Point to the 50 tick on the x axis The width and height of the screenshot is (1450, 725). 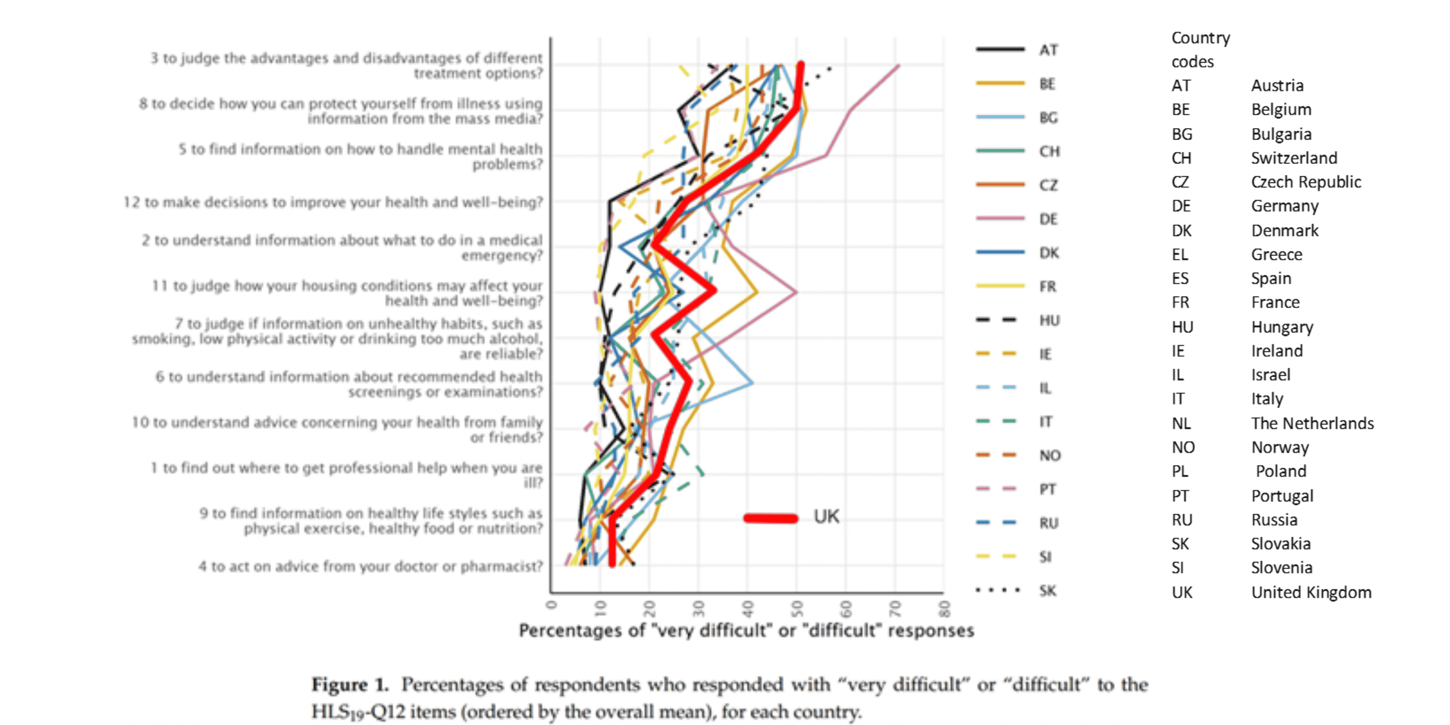pos(797,608)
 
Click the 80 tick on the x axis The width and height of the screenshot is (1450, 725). pos(944,608)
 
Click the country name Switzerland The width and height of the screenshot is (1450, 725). pos(1294,158)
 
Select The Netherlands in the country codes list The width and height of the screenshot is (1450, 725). pos(1312,423)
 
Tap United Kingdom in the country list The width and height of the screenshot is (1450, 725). pos(1311,592)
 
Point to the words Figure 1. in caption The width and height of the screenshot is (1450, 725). pos(350,685)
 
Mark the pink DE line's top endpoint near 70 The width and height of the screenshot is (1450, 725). pos(898,66)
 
